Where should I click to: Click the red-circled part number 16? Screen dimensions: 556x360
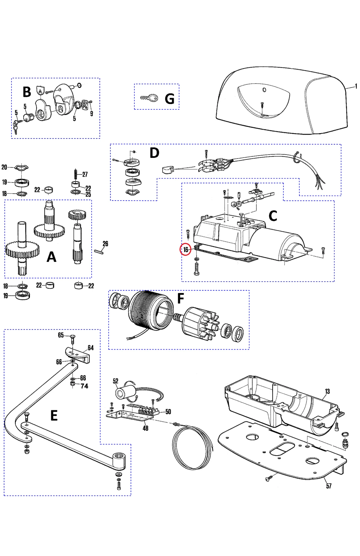(x=186, y=250)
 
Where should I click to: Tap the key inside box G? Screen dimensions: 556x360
(x=149, y=97)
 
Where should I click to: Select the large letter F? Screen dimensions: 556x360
(x=180, y=299)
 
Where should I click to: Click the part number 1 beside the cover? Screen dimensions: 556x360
(x=356, y=86)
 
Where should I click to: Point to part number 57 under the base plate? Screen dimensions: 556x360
(x=329, y=486)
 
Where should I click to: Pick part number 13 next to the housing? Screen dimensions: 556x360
(x=327, y=391)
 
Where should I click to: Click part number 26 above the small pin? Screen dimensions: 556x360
(x=105, y=244)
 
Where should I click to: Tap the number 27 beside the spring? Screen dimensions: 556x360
(x=85, y=174)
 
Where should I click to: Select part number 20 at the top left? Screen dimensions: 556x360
(x=4, y=167)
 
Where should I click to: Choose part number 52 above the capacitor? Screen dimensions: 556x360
(x=115, y=381)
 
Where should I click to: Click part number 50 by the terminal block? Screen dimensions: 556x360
(x=168, y=412)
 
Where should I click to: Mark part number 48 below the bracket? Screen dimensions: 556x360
(x=146, y=428)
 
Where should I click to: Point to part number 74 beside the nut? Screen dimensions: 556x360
(x=84, y=386)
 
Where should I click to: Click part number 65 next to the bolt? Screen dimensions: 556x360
(x=61, y=335)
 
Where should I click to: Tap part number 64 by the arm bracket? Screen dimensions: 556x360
(x=91, y=348)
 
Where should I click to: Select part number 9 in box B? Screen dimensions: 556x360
(x=92, y=114)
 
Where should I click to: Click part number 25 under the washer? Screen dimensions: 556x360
(x=88, y=194)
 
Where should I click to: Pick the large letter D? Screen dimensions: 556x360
(x=154, y=153)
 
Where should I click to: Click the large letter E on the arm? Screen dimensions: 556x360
(x=54, y=416)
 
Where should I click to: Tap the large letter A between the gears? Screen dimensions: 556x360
(x=51, y=257)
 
